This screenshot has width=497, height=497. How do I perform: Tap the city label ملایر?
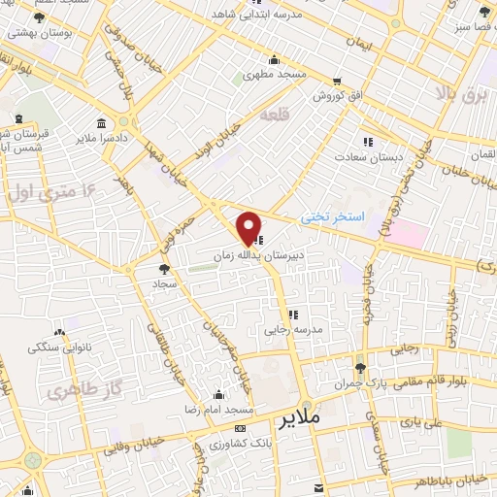coord(299,420)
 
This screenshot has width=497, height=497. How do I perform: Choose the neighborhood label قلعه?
coord(274,115)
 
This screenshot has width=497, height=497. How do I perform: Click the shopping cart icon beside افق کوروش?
coord(337,82)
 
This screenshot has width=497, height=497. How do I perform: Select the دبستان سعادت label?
coord(367,155)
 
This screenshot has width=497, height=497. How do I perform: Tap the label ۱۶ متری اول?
coord(40,188)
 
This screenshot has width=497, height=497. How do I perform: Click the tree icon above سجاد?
coord(162,269)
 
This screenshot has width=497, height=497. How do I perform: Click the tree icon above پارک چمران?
coord(360,367)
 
